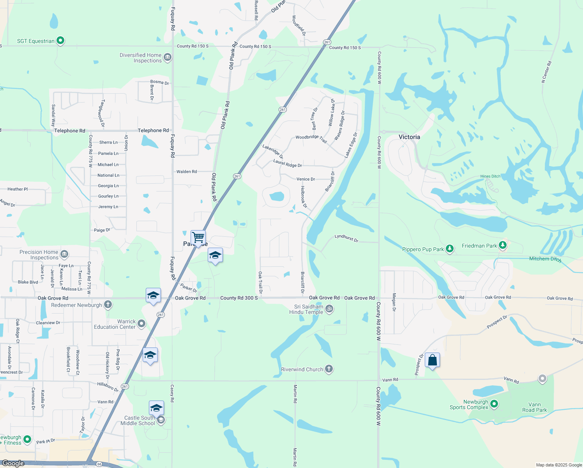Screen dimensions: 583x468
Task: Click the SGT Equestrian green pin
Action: tap(60, 40)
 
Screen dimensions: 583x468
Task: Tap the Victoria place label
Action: tap(409, 137)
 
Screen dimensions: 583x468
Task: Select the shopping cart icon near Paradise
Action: tap(198, 237)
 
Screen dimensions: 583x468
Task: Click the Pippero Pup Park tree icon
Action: tap(449, 248)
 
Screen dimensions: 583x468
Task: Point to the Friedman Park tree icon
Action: tap(503, 245)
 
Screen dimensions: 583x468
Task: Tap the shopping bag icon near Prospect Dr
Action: tap(433, 360)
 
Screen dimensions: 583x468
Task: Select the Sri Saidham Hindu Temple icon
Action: tap(329, 309)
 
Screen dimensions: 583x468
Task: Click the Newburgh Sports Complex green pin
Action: tap(494, 404)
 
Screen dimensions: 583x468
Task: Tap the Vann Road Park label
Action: tap(534, 407)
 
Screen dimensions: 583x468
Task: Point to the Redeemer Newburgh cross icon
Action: tap(108, 305)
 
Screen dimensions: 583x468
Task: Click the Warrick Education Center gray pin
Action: tap(141, 323)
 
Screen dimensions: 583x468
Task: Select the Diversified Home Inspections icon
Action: tap(168, 57)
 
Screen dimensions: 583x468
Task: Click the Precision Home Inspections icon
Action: tap(64, 254)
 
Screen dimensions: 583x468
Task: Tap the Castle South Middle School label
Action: tap(138, 420)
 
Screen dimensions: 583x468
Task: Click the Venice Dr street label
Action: tap(306, 179)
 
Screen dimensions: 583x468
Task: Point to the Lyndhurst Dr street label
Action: tap(346, 238)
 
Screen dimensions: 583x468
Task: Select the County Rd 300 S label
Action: tap(239, 298)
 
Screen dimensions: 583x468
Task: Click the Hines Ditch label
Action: tap(490, 176)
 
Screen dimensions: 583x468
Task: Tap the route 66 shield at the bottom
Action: tap(99, 464)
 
